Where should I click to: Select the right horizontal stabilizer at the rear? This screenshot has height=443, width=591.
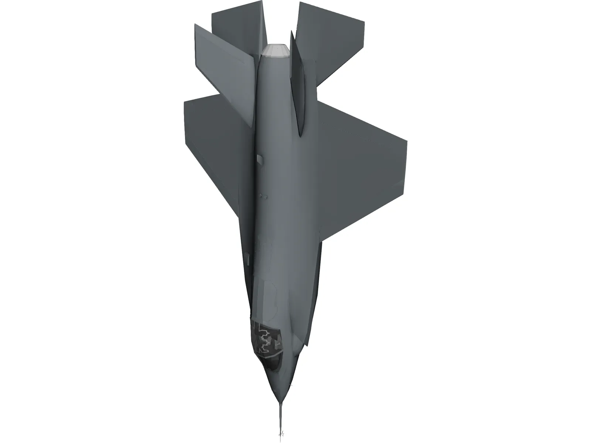coord(332,37)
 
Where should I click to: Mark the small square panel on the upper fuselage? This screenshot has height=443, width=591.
coord(260,159)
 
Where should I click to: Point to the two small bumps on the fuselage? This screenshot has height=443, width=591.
coord(263,196)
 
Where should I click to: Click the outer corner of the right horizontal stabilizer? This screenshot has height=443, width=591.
coord(364,22)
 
